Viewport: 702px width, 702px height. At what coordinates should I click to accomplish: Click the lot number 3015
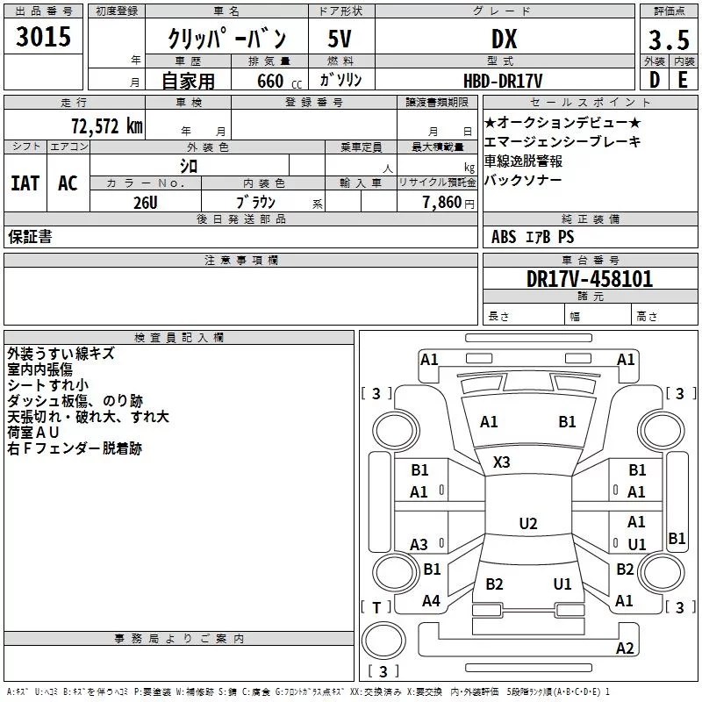coord(43,37)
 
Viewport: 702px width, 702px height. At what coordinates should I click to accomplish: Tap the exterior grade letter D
coord(654,80)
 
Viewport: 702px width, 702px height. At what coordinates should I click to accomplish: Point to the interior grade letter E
coord(683,80)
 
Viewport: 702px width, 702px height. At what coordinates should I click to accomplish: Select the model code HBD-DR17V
coord(505,80)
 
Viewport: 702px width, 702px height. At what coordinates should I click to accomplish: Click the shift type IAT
coord(25,183)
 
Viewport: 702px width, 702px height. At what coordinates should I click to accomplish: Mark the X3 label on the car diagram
coord(502,462)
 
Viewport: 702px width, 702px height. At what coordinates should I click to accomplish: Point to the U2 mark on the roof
coord(527,524)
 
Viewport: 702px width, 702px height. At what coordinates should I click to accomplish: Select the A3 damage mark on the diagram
coord(419,545)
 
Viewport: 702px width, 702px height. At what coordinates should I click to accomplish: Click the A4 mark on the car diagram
coord(431,601)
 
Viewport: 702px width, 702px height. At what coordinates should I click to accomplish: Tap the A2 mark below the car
coord(625,648)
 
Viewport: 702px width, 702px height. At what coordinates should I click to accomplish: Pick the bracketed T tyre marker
coord(376,607)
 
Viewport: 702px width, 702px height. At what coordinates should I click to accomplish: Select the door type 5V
coord(340,39)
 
